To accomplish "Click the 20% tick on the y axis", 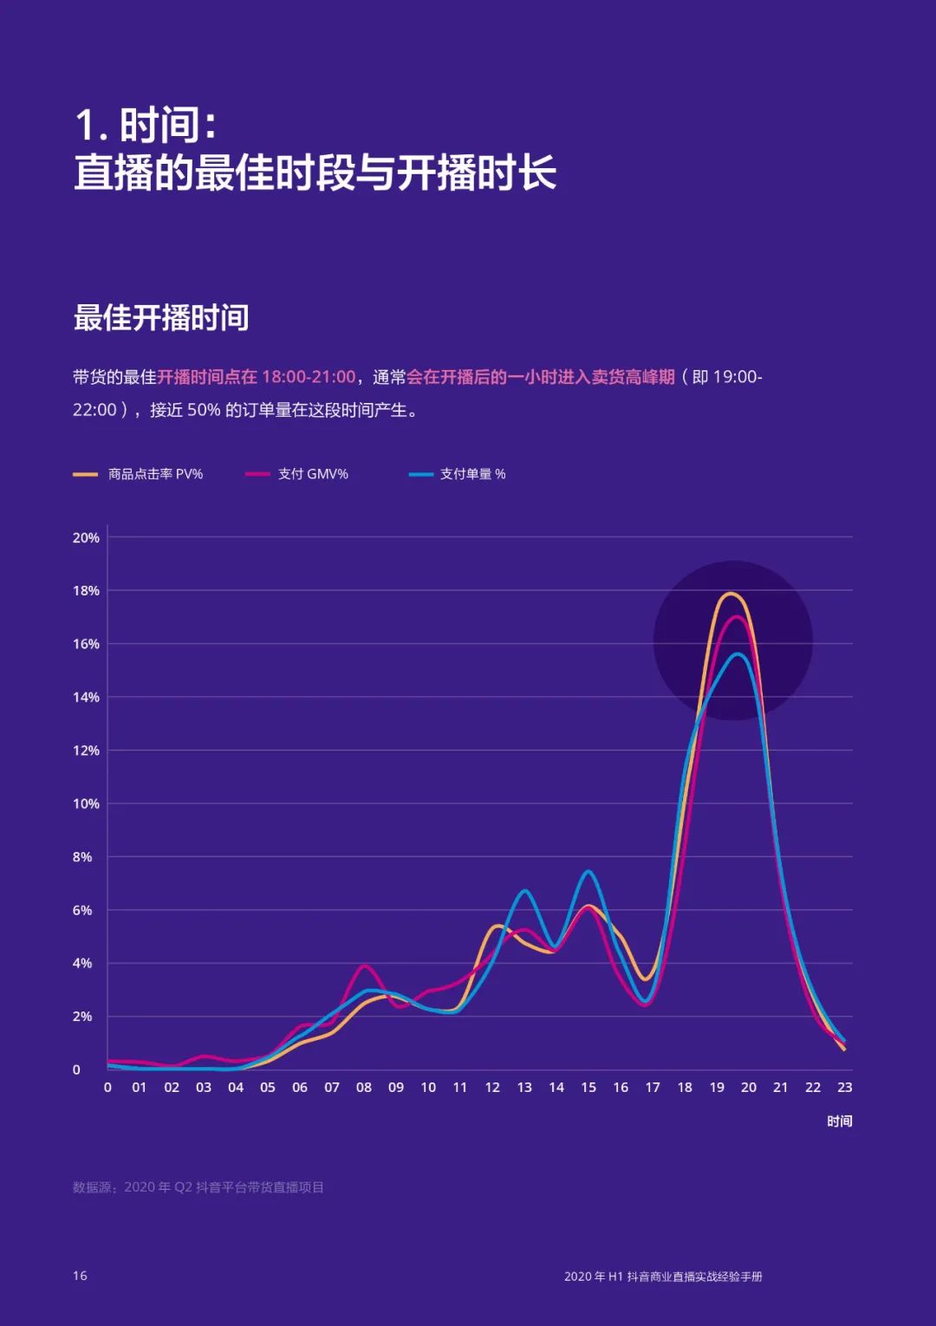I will pos(86,537).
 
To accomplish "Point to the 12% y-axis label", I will pos(86,751).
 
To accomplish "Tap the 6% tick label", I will pos(82,910).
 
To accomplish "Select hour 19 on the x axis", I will pos(717,1088).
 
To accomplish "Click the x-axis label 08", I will pos(364,1088).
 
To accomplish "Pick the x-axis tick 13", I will pos(524,1088).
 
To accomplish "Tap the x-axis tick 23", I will pos(844,1088).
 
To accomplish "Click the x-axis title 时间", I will pos(839,1121).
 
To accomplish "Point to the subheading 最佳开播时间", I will pos(161,318).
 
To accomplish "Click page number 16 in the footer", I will pos(80,1276).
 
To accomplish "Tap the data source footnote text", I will pos(198,1187).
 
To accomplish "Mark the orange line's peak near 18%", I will pos(731,594).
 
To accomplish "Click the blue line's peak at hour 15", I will pos(588,871).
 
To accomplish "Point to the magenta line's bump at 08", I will pos(364,965).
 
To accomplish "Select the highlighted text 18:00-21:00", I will pos(309,377).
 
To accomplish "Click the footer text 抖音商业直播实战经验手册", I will pos(694,1277).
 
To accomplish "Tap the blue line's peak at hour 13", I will pos(525,891).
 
